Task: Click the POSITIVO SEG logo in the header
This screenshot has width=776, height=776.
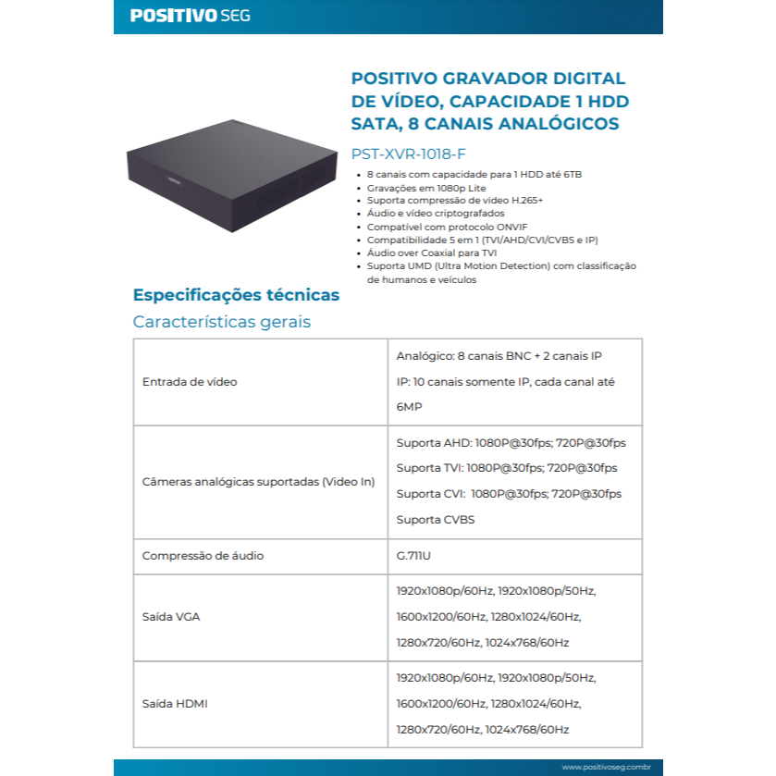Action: pos(190,16)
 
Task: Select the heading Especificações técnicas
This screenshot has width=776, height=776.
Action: pos(236,295)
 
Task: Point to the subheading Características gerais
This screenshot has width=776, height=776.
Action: pos(221,322)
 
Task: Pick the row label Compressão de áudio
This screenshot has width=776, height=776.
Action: pos(203,556)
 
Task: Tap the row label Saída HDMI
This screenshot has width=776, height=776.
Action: pos(175,704)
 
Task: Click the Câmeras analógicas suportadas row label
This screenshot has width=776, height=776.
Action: pos(258,482)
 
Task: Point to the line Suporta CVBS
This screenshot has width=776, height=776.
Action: pos(435,520)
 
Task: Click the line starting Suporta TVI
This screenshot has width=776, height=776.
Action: pos(506,468)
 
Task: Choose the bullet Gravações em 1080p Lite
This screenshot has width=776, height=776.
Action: pos(426,187)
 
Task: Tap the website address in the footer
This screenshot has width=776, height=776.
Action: pos(606,767)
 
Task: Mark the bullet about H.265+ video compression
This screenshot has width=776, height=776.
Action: pos(454,200)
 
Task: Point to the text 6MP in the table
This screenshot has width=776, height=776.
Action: pos(409,407)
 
